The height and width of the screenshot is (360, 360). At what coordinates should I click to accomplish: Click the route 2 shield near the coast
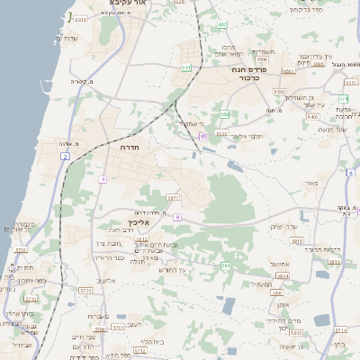coord(65,157)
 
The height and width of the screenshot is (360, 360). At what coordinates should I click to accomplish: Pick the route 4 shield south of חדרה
coord(103,179)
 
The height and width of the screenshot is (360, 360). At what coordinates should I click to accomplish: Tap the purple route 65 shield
coord(204,135)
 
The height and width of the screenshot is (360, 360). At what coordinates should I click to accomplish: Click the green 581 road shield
coord(226,265)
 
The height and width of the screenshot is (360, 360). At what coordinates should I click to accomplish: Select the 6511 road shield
coord(81,19)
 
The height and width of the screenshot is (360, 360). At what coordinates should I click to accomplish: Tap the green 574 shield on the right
coord(343,98)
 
